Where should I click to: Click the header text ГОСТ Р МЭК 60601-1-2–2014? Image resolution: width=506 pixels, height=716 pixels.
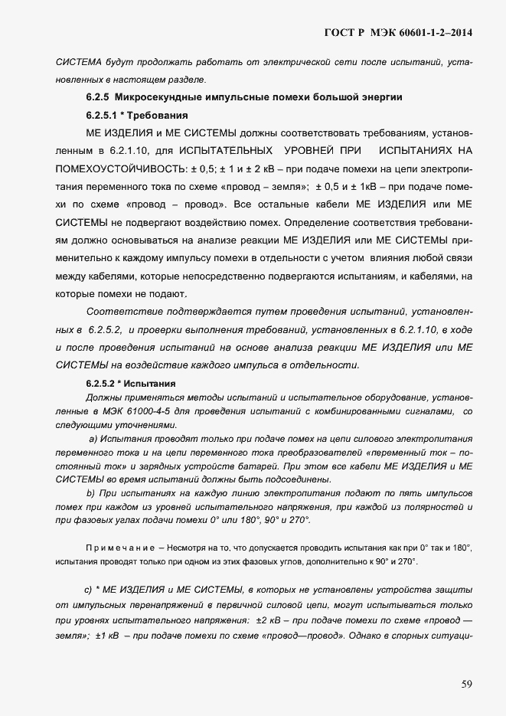pyautogui.click(x=398, y=32)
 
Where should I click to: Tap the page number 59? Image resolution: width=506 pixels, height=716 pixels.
pyautogui.click(x=466, y=684)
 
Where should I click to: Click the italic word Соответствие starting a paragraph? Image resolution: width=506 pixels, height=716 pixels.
pyautogui.click(x=125, y=312)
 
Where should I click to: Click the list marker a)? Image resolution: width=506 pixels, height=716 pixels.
pyautogui.click(x=94, y=439)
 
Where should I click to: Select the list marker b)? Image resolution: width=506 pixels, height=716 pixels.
pyautogui.click(x=91, y=493)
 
